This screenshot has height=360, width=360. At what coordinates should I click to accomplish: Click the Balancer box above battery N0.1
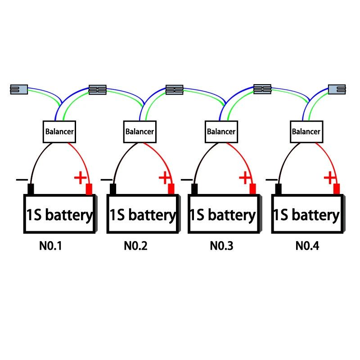point(59,132)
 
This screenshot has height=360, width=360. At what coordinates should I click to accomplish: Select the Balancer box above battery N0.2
point(139,132)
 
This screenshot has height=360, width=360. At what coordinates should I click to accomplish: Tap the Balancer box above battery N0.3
point(221,132)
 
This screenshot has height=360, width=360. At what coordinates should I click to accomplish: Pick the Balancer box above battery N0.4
point(306,132)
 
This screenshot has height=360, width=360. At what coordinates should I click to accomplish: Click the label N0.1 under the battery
point(50,246)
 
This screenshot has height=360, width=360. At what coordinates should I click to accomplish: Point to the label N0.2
point(135,246)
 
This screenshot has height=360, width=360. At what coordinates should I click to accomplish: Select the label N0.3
point(221,246)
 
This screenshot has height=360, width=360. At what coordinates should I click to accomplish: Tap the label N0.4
point(307,246)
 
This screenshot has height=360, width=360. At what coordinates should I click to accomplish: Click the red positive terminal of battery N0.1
point(89,189)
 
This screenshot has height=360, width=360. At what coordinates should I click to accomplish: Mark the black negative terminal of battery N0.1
point(31,189)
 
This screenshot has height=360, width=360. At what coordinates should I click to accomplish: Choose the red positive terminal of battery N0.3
point(253,189)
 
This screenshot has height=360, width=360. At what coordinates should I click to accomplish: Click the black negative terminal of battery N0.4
point(279,189)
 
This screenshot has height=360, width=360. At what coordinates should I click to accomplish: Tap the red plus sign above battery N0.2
point(165,178)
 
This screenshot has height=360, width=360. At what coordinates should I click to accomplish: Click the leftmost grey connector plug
point(18,90)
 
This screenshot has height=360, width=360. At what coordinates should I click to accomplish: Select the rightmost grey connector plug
point(337,89)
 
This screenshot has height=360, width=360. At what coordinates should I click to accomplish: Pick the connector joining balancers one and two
point(97,90)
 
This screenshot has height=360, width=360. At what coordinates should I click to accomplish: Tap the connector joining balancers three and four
point(262,89)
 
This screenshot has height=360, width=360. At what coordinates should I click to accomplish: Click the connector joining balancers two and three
point(175,90)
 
